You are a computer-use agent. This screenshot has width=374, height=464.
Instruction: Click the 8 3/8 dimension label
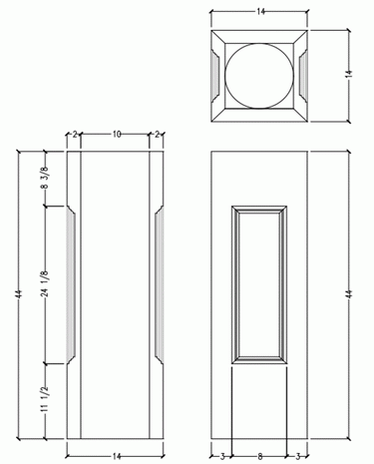pyautogui.click(x=45, y=178)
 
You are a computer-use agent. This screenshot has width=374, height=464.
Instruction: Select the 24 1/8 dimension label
pyautogui.click(x=45, y=283)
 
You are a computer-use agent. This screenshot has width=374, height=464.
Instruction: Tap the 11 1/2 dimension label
pyautogui.click(x=45, y=399)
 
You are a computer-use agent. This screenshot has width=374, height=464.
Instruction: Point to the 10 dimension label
pyautogui.click(x=117, y=134)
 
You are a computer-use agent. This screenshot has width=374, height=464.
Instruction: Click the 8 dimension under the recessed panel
pyautogui.click(x=260, y=456)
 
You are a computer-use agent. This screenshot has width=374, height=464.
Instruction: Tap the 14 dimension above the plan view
pyautogui.click(x=260, y=12)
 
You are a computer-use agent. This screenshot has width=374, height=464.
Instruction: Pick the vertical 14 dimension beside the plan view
pyautogui.click(x=349, y=74)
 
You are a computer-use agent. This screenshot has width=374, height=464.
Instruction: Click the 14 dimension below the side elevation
pyautogui.click(x=117, y=456)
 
